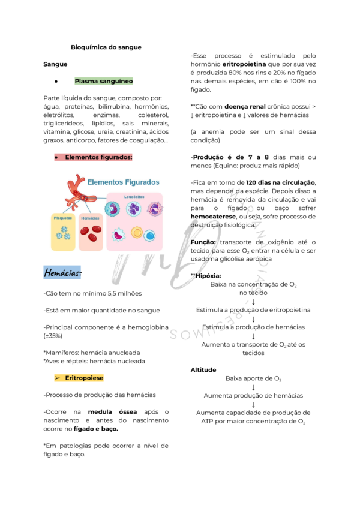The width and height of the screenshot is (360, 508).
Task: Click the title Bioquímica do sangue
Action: (106, 47)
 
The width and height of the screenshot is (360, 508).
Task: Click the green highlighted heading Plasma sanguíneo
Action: (104, 81)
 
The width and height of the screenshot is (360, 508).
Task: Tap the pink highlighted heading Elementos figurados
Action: (98, 157)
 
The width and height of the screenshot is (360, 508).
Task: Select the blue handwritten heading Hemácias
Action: (63, 273)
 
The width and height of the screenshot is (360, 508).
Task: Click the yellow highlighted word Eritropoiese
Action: (84, 378)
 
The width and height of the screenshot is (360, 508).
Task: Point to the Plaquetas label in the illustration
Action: (63, 218)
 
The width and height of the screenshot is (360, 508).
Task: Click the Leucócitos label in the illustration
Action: (134, 197)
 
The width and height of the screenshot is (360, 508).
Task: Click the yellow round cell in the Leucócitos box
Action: (137, 233)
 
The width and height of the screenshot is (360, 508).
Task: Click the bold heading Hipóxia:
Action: (208, 276)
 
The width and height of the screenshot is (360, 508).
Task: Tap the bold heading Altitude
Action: (203, 370)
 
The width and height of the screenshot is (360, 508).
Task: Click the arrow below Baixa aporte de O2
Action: (253, 387)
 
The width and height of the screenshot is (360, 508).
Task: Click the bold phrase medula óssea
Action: (112, 412)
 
